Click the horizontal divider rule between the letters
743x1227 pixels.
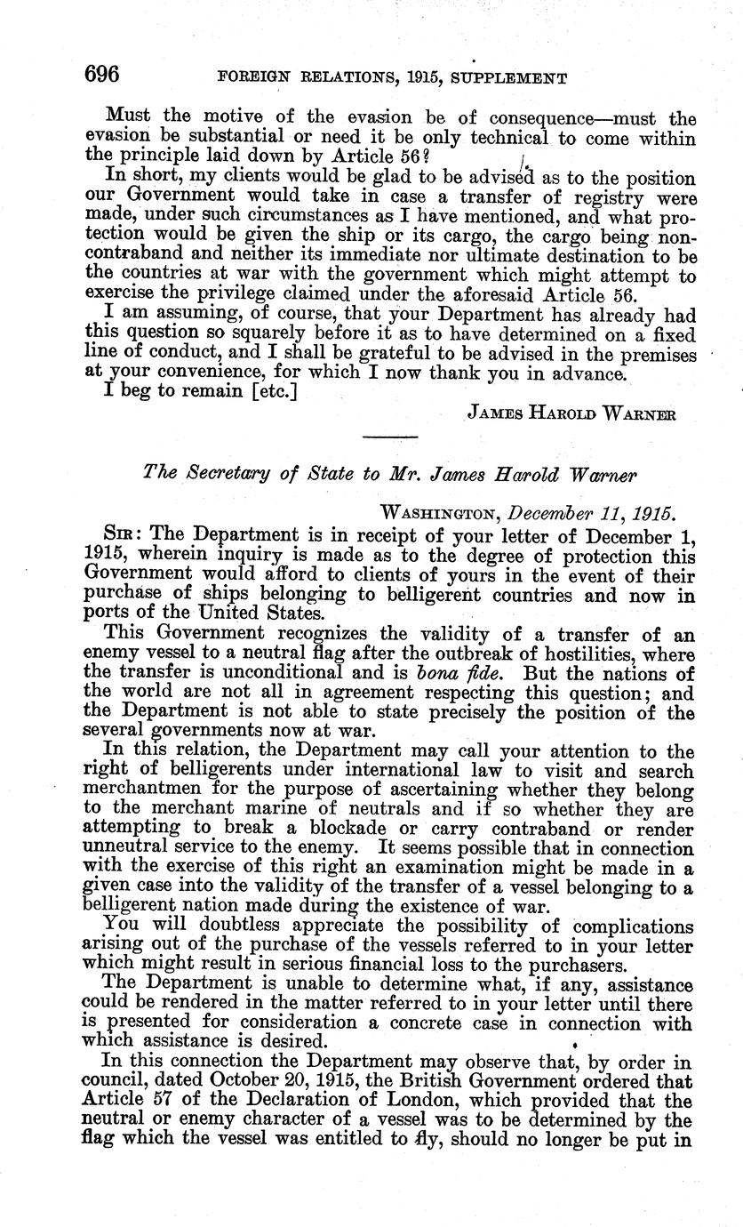coord(389,437)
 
